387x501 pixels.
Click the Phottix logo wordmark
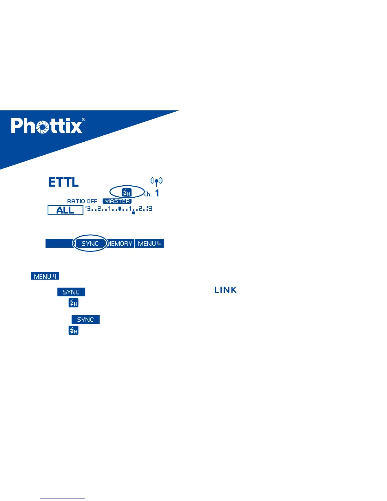pyautogui.click(x=47, y=126)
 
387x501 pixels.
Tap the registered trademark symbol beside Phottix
pyautogui.click(x=83, y=120)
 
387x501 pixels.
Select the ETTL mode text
pyautogui.click(x=64, y=182)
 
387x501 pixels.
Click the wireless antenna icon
pyautogui.click(x=157, y=181)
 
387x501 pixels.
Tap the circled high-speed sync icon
pyautogui.click(x=127, y=192)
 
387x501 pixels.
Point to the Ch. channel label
pyautogui.click(x=148, y=194)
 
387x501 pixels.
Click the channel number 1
pyautogui.click(x=157, y=193)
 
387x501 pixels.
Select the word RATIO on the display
pyautogui.click(x=76, y=201)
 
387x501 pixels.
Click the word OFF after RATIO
pyautogui.click(x=92, y=201)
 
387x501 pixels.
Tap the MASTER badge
pyautogui.click(x=117, y=201)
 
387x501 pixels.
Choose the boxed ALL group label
pyautogui.click(x=65, y=210)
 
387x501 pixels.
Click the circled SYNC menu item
pyautogui.click(x=90, y=244)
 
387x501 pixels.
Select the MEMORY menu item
pyautogui.click(x=120, y=244)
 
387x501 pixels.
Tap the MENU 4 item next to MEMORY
pyautogui.click(x=150, y=244)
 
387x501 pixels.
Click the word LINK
pyautogui.click(x=225, y=290)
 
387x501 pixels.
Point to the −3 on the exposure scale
pyautogui.click(x=88, y=208)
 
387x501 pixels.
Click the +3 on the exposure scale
pyautogui.click(x=150, y=208)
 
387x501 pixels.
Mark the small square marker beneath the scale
pyautogui.click(x=133, y=213)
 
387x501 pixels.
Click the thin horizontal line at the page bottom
pyautogui.click(x=63, y=498)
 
